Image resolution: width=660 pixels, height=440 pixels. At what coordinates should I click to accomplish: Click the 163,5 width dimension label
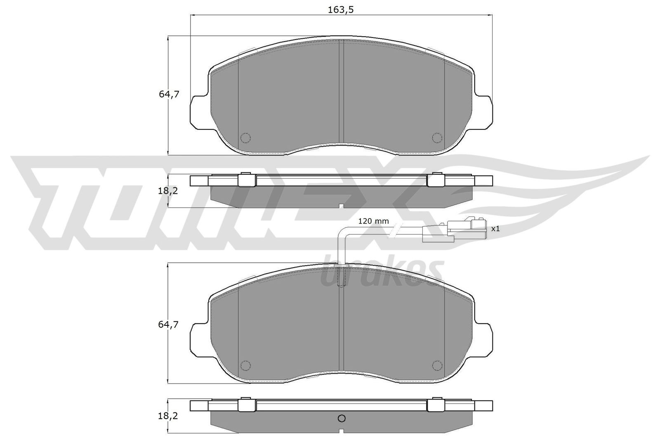[x=341, y=10]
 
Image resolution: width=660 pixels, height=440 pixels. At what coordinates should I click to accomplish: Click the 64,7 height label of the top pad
[x=169, y=94]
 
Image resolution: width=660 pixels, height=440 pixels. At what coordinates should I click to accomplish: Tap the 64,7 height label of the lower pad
[x=169, y=325]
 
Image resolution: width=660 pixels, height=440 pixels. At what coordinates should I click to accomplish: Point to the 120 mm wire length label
[x=373, y=221]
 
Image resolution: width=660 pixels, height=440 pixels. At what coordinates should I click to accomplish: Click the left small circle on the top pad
[x=245, y=137]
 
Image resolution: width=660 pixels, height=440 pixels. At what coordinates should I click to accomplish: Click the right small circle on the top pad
[x=436, y=137]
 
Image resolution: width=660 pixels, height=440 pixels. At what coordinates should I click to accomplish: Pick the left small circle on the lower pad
[x=245, y=365]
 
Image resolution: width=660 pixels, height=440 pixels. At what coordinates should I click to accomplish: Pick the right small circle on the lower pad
[x=436, y=365]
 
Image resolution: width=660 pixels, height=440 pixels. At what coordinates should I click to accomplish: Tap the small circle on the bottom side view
[x=341, y=419]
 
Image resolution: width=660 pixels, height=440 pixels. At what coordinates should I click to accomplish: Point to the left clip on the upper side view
[x=247, y=180]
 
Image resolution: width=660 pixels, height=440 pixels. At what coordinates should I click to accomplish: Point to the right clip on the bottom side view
[x=435, y=405]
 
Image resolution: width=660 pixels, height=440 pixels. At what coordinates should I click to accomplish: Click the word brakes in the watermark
[x=382, y=272]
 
